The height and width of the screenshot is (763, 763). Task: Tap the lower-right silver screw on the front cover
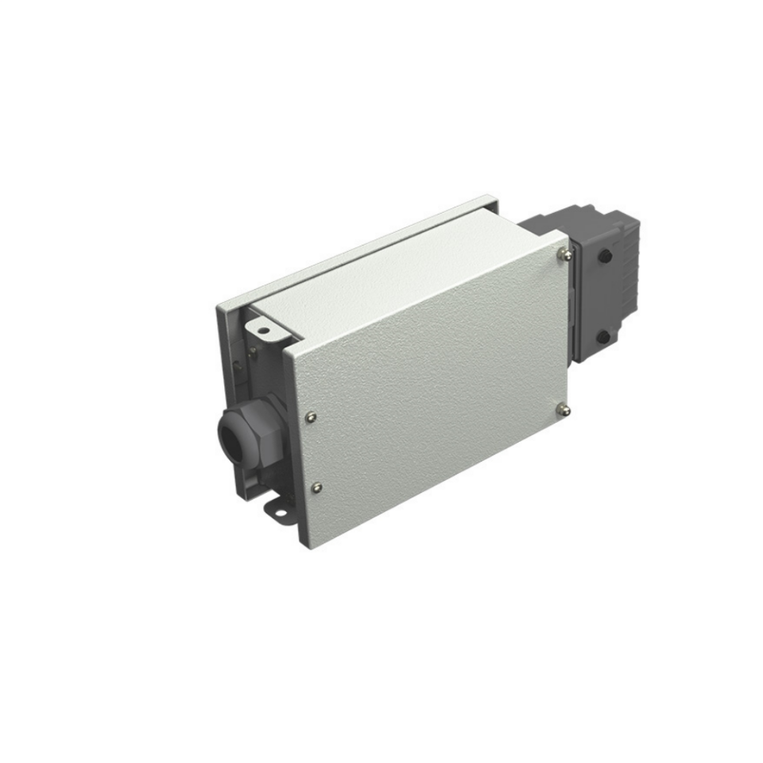564,409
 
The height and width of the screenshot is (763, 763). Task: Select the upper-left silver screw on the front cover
310,415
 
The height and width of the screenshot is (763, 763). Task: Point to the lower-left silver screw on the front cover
317,487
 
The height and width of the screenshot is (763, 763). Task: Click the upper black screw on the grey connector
604,257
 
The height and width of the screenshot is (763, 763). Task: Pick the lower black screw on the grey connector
602,336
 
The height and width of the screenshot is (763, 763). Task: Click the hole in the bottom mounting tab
280,511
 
